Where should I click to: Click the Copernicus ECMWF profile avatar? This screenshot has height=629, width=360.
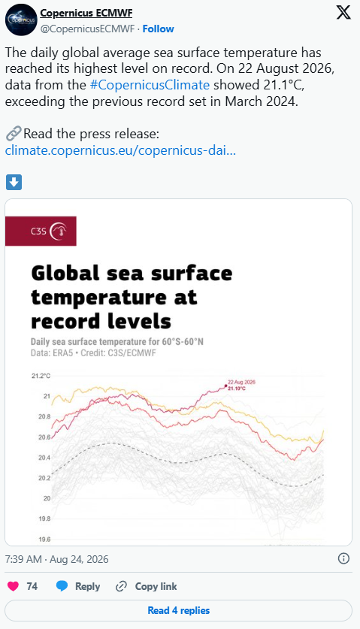point(21,20)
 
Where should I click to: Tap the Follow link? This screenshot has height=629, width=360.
point(158,29)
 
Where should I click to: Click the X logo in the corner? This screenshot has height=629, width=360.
point(343,13)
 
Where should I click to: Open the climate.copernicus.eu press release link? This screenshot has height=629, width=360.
point(120,150)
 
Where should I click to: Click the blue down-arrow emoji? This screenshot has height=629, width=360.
point(14,182)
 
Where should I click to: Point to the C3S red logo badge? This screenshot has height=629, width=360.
point(41,231)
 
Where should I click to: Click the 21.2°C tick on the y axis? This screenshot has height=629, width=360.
point(41,376)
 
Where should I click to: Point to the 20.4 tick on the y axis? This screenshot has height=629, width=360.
point(44,458)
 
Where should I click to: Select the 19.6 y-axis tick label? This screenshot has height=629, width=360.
point(44,540)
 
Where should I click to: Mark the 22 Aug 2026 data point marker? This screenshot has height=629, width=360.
point(225,386)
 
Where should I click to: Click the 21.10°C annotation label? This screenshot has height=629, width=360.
point(237,389)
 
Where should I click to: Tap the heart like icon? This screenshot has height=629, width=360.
point(14,586)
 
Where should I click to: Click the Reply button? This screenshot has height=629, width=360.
point(78,586)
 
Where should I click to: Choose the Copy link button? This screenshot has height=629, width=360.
point(146,586)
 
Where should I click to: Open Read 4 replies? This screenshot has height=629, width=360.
point(179,610)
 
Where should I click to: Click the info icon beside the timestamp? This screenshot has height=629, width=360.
point(343,558)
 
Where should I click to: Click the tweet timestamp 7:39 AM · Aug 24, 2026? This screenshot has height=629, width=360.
point(56,559)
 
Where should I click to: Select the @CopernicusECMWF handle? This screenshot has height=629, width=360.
point(87,29)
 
